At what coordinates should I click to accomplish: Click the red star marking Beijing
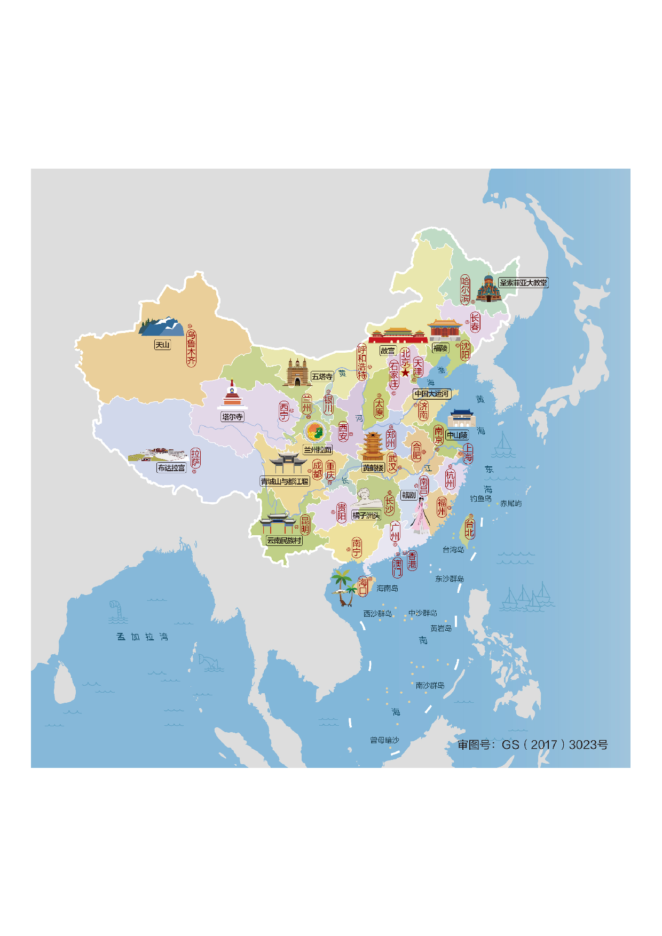[405, 373]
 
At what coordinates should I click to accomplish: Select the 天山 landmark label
[162, 345]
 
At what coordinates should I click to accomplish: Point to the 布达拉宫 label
[171, 468]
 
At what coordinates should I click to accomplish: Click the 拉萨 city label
[195, 458]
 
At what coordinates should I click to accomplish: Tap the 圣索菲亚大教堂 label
[523, 283]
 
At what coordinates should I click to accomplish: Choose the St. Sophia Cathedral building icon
[487, 289]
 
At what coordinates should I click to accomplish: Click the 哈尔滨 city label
[466, 290]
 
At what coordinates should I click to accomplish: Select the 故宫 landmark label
[388, 351]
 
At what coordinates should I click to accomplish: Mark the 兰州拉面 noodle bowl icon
[315, 432]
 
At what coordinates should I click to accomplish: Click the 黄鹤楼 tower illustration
[373, 447]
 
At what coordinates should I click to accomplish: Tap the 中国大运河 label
[432, 394]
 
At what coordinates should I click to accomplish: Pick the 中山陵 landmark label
[457, 435]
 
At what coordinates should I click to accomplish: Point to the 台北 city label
[469, 529]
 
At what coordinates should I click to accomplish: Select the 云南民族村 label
[285, 541]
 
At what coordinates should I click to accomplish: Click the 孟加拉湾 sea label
[142, 637]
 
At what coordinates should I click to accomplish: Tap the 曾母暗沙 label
[384, 740]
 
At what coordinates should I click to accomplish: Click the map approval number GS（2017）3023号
[532, 745]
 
